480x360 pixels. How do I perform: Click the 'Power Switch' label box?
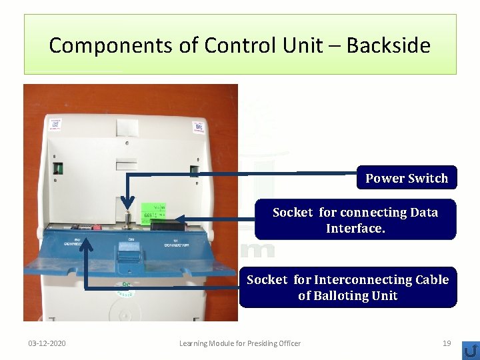coord(407,178)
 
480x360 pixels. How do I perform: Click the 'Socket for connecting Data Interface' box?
coord(355,220)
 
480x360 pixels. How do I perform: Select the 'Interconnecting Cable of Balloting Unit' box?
coord(347,287)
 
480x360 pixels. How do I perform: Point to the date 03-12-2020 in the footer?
coord(47,343)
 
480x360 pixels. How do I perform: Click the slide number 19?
coord(447,343)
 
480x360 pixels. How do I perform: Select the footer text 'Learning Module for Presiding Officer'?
coord(240,343)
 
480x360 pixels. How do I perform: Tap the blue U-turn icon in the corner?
coord(470,350)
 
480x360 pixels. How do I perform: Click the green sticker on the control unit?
coord(155,213)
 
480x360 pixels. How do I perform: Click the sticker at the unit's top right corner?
coord(198,127)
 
